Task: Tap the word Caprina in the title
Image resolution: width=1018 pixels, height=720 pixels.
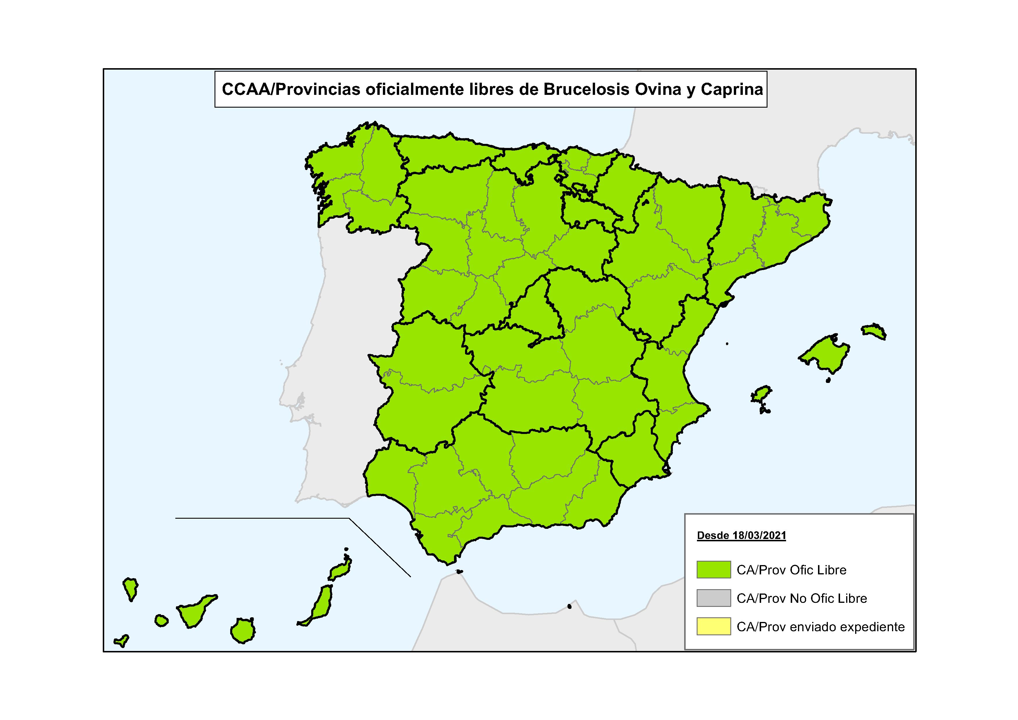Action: click(732, 90)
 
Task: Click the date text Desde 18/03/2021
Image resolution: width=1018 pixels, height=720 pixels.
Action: click(741, 536)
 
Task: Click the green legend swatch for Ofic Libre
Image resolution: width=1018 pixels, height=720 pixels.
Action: click(713, 570)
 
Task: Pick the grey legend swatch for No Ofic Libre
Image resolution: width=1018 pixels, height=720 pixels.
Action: click(713, 598)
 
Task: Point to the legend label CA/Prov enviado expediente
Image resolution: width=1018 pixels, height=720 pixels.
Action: click(820, 627)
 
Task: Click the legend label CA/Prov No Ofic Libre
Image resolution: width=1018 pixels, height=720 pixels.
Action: click(801, 598)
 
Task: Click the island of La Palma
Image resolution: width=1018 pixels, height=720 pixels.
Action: click(130, 588)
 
